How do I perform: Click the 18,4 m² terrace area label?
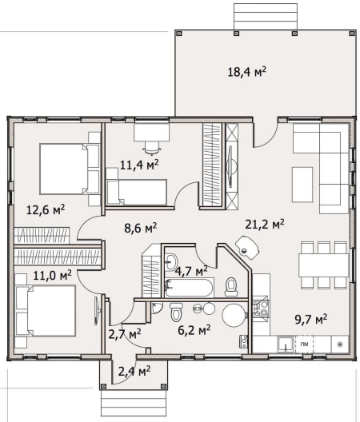(247, 72)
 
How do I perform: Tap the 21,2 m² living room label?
(265, 224)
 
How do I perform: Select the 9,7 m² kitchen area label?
(311, 319)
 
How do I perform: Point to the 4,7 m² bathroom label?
(191, 271)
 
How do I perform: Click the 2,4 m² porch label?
(134, 372)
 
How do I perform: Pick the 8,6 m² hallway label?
(141, 229)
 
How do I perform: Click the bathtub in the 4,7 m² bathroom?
(190, 288)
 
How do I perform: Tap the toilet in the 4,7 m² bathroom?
(231, 287)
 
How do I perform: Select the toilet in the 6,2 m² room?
(177, 312)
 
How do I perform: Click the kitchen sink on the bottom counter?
(286, 344)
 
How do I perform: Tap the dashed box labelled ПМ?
(305, 344)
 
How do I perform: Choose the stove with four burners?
(260, 309)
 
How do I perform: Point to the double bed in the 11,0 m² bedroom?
(46, 311)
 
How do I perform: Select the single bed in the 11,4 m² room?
(136, 192)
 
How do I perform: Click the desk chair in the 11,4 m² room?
(152, 148)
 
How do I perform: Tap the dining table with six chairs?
(324, 265)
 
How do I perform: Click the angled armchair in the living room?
(247, 247)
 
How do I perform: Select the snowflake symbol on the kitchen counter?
(340, 344)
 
